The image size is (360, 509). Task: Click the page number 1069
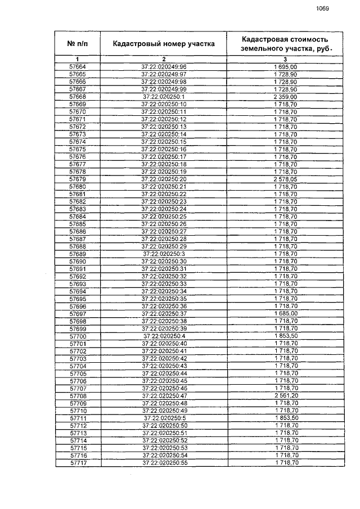(x=322, y=8)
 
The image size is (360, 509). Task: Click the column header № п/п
(x=78, y=43)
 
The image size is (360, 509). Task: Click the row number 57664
(x=78, y=67)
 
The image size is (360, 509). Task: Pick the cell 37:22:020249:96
(x=164, y=67)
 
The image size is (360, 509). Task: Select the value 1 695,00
(x=286, y=67)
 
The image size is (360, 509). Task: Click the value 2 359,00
(x=286, y=97)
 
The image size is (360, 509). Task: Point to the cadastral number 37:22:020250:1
(x=164, y=97)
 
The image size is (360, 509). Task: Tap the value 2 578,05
(x=286, y=179)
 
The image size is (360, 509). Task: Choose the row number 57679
(x=78, y=179)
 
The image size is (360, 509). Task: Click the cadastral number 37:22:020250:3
(x=164, y=254)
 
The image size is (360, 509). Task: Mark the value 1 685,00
(x=286, y=313)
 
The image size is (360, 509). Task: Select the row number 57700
(x=78, y=336)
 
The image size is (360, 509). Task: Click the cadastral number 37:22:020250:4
(x=164, y=336)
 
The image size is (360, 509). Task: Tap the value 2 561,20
(x=286, y=395)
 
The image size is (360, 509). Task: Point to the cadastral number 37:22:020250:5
(x=164, y=418)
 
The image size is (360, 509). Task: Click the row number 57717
(x=78, y=462)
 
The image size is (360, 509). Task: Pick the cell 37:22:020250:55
(x=164, y=462)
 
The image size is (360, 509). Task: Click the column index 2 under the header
(x=164, y=59)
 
